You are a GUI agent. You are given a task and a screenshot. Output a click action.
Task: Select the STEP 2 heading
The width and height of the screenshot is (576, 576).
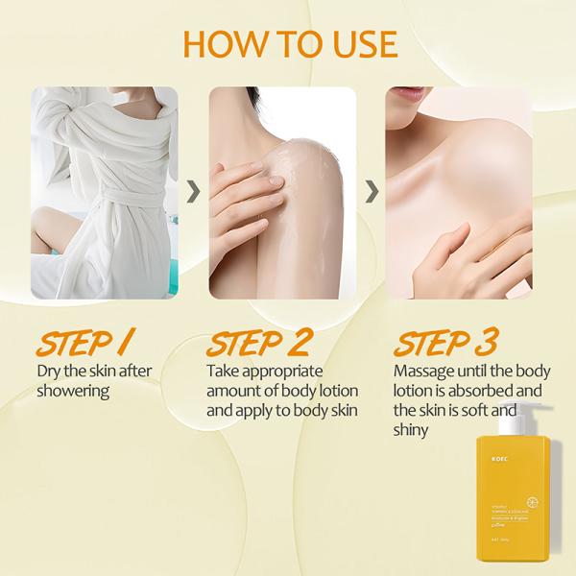259,342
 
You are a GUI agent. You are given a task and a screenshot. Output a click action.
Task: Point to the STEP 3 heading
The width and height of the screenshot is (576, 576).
444,342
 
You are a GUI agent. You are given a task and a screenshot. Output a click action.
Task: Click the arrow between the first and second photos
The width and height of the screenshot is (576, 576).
193,192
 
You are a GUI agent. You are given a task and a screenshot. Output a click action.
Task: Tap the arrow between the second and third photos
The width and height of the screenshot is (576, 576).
371,192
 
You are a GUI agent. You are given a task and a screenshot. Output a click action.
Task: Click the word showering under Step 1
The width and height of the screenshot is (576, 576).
73,391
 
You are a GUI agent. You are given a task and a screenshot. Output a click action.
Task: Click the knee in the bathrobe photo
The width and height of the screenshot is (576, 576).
53,230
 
